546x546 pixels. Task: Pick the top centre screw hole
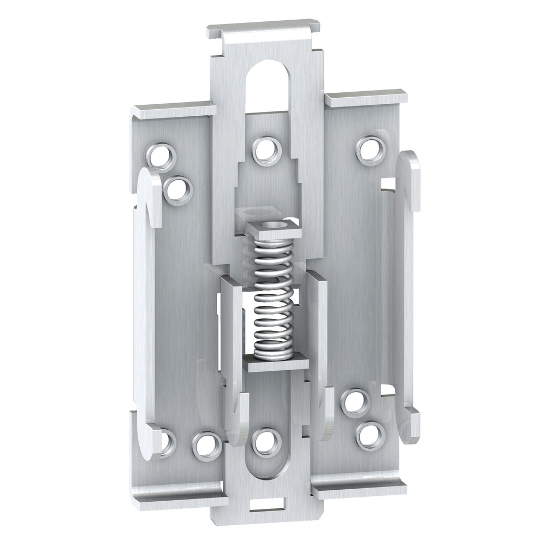[267, 150]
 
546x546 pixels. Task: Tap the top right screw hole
[371, 149]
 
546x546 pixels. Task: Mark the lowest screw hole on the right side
[370, 435]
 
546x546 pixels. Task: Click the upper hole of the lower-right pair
[355, 402]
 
